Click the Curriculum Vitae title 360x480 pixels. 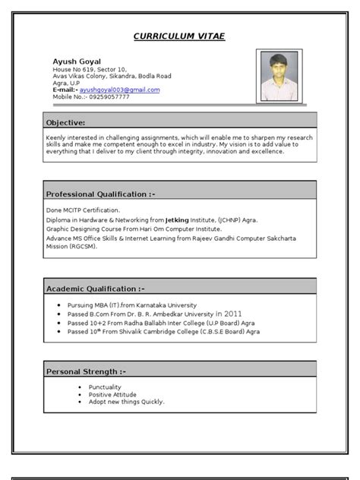coord(179,36)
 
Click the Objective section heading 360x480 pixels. coord(66,122)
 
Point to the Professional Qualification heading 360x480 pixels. coord(101,194)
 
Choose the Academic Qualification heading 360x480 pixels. coord(96,289)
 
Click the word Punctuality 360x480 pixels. coord(106,387)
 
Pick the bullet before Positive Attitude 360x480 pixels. coord(79,394)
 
